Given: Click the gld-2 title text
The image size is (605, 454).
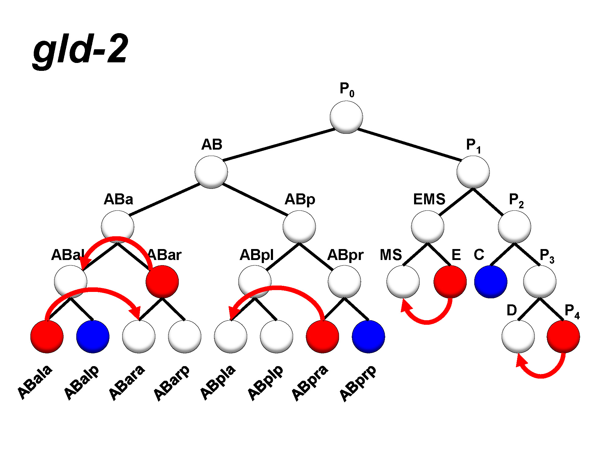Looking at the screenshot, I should [81, 50].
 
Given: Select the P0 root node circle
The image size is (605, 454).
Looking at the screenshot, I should [346, 117].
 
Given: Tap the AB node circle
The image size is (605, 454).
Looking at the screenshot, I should [211, 172].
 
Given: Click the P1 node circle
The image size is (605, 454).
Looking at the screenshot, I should [473, 172].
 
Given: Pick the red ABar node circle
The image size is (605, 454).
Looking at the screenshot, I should [162, 282].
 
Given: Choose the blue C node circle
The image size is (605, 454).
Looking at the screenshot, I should [491, 282].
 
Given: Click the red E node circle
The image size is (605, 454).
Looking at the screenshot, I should [450, 282].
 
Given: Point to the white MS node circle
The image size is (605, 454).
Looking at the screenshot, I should [403, 282].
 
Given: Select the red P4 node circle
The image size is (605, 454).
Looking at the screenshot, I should [563, 336].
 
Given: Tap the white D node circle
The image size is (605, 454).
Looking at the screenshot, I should [518, 336].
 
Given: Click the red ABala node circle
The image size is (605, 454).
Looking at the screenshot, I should [47, 336].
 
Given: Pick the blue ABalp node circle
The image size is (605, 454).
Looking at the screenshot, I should [93, 336].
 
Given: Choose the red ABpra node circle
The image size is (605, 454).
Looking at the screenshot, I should [322, 336].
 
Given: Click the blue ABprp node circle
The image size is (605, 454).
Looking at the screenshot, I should [368, 336].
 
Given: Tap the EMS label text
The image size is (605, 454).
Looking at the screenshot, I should [429, 199].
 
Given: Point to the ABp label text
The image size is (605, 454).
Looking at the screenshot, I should [300, 199].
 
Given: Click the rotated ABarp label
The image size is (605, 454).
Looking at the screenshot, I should [171, 383].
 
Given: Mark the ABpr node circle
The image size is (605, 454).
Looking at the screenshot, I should [344, 282].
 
